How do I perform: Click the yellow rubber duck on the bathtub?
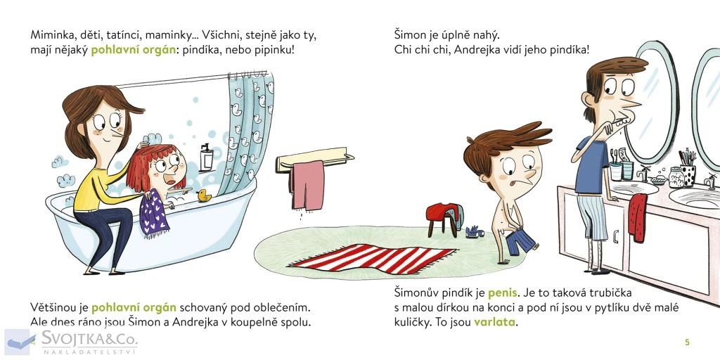(x=203, y=195)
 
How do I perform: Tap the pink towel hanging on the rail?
(x=307, y=185)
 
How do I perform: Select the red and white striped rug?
(x=373, y=259)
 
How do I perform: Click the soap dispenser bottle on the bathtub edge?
(x=206, y=157)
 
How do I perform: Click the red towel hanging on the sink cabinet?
(x=638, y=217)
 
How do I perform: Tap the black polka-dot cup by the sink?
(x=688, y=175)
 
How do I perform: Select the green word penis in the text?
(x=503, y=292)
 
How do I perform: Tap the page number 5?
(x=687, y=342)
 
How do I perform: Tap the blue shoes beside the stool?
(x=475, y=232)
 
